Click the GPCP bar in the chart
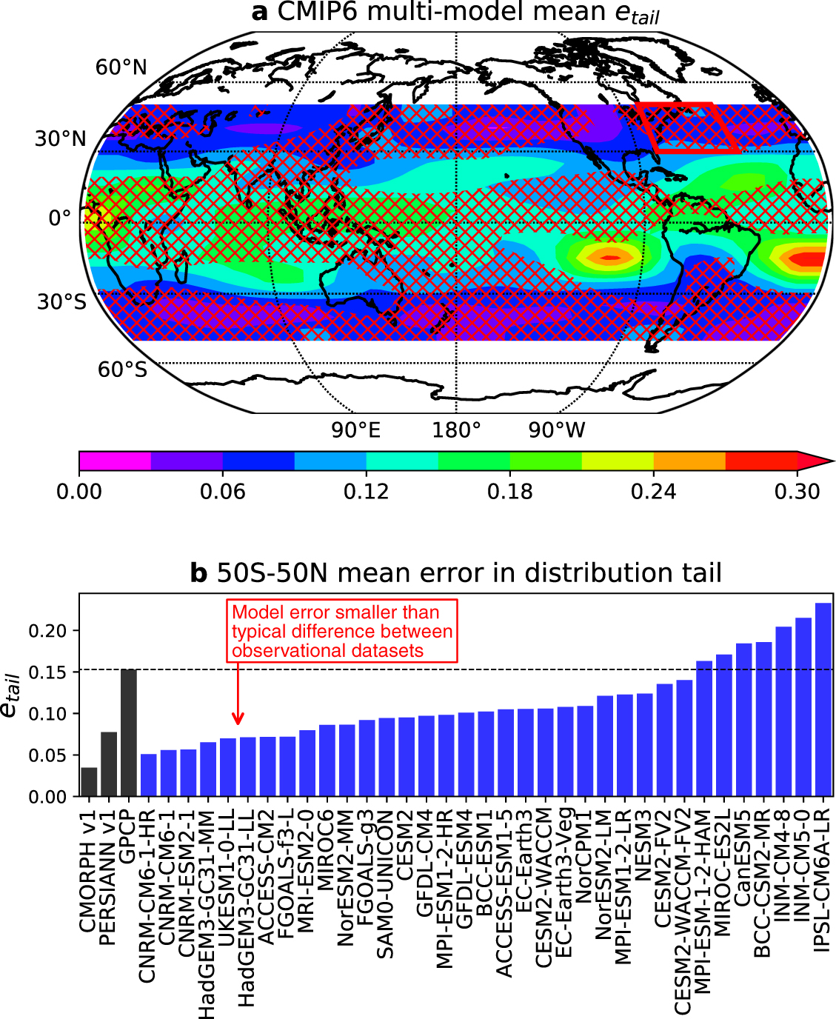[x=129, y=733]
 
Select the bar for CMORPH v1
[x=89, y=782]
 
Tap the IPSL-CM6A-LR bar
[x=823, y=700]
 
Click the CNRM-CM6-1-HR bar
[x=149, y=775]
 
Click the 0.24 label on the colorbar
[x=653, y=492]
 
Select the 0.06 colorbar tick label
[x=222, y=492]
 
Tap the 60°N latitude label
[x=121, y=67]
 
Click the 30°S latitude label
[x=62, y=302]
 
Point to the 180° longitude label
[x=456, y=430]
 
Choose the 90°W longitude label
[x=557, y=430]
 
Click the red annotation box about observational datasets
[x=342, y=631]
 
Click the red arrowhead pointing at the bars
[x=238, y=718]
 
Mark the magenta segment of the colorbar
[x=115, y=461]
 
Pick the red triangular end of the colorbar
[x=815, y=461]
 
